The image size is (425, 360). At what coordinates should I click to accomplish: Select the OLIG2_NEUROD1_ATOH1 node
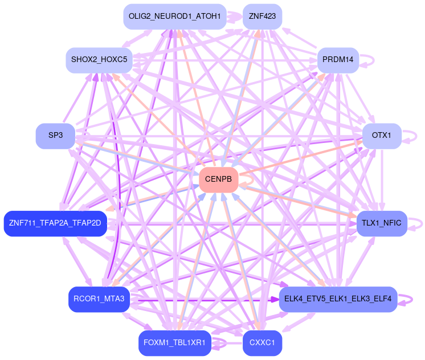pos(175,17)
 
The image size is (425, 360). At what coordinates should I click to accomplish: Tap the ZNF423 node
pos(262,17)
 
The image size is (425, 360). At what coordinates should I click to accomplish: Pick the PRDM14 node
pos(338,60)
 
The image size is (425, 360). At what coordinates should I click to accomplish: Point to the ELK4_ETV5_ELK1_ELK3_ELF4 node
pos(338,300)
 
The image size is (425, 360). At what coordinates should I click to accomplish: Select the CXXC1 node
pos(262,343)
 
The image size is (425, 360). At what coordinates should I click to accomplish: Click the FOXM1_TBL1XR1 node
pos(175,343)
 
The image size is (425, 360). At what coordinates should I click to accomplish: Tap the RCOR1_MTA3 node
pos(99,300)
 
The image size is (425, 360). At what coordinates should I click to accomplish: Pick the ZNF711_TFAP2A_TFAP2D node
pos(55,223)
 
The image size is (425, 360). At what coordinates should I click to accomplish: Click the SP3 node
pos(55,136)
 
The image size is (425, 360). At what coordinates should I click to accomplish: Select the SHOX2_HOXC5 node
pos(99,60)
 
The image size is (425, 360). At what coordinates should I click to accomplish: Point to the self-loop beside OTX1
pos(418,136)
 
